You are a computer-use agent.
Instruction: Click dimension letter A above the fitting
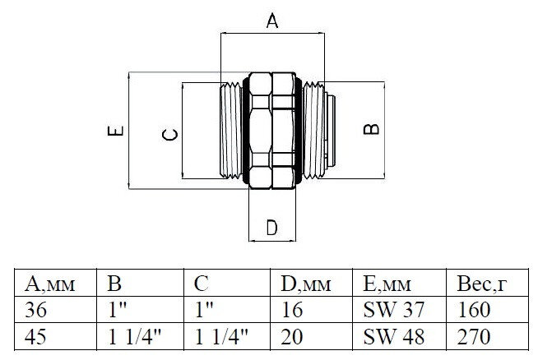point(272,22)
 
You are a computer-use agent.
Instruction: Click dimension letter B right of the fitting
point(372,129)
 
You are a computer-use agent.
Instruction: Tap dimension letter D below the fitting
point(272,228)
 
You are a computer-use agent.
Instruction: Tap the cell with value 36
point(37,310)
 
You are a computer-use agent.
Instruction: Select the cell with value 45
point(37,335)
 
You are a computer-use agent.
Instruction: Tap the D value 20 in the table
point(290,335)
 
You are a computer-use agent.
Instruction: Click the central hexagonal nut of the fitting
point(272,132)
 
